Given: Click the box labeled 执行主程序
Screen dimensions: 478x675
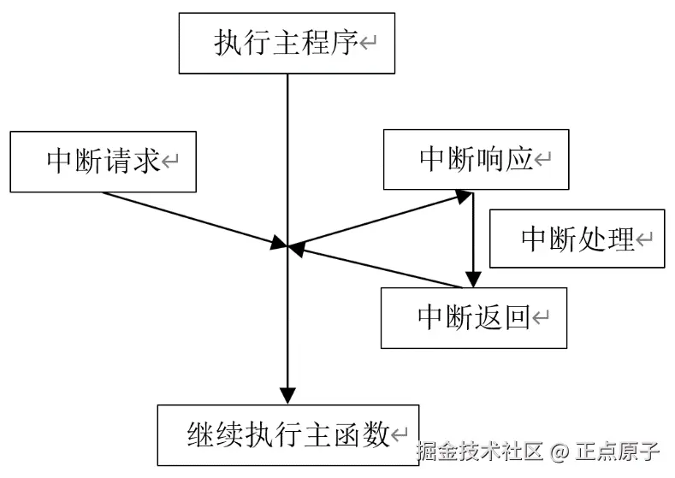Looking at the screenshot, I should point(287,43).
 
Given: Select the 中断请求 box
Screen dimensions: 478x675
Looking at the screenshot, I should point(102,161).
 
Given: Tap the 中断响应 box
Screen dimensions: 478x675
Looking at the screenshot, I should point(476,159).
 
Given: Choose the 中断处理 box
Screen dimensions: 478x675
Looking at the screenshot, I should point(577,239).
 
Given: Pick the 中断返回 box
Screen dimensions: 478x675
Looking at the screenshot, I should point(473,317).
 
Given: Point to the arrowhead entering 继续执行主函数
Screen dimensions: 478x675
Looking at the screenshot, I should point(287,394).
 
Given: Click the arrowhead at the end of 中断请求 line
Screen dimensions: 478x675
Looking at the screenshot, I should point(277,245).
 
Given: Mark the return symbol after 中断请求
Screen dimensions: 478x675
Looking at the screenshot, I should point(170,162).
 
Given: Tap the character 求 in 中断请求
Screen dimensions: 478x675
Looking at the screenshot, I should point(148,161).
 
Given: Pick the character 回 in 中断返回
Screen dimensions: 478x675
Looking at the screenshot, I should point(517,317).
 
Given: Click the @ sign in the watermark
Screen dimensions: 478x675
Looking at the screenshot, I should point(560,451).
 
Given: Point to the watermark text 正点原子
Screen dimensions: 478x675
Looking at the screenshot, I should point(618,451).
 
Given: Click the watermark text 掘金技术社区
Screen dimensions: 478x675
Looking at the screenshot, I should point(480,451).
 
